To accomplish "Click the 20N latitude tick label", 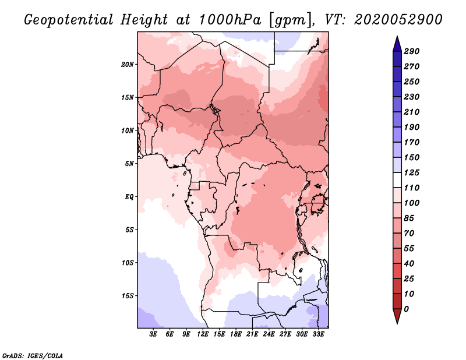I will pyautogui.click(x=128, y=64).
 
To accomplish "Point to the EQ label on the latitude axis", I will pyautogui.click(x=130, y=196).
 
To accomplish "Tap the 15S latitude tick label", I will pyautogui.click(x=128, y=295).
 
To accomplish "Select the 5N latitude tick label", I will pyautogui.click(x=129, y=163).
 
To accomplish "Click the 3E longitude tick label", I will pyautogui.click(x=154, y=334).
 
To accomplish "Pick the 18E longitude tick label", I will pyautogui.click(x=236, y=334).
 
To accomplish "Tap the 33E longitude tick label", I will pyautogui.click(x=318, y=334).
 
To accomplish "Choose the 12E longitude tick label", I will pyautogui.click(x=203, y=334).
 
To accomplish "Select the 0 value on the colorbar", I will pyautogui.click(x=406, y=309).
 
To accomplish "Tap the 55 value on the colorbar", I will pyautogui.click(x=409, y=248).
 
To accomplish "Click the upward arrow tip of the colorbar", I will pyautogui.click(x=396, y=38).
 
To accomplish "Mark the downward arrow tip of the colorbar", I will pyautogui.click(x=396, y=322).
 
